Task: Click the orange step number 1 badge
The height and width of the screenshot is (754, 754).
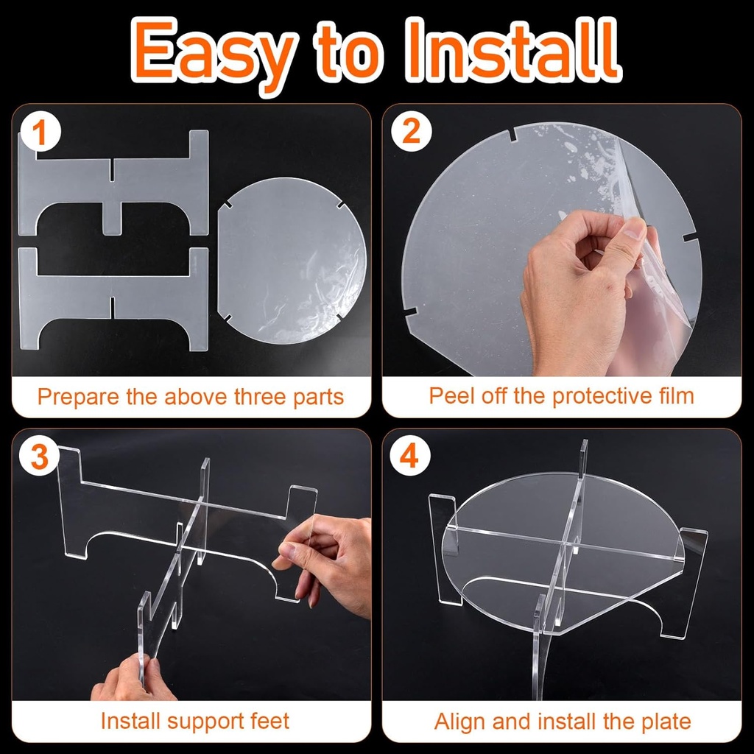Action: pos(40,133)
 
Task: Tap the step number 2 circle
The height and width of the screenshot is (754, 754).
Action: pos(411,132)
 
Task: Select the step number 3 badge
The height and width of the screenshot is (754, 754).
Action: pos(40,457)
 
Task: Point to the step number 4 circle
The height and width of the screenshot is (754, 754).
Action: pos(409,457)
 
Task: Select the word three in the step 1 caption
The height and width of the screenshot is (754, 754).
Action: pos(261,397)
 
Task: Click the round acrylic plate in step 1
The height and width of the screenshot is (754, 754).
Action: pos(292,261)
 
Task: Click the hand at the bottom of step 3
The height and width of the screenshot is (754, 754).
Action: pos(129,679)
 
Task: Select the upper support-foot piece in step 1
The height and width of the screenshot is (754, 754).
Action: pos(113,183)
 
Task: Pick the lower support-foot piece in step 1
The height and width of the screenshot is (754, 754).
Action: pos(113,298)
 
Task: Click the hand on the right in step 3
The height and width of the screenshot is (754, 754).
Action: pos(327,563)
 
